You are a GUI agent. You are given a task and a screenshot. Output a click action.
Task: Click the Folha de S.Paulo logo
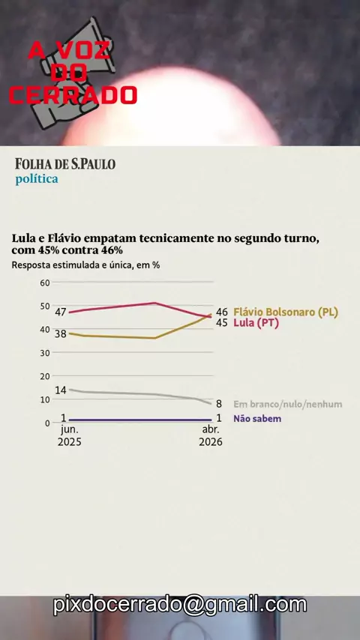(x=65, y=163)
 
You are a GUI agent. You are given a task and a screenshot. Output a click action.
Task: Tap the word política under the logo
(x=37, y=179)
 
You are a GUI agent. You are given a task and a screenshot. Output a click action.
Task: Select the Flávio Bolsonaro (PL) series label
(x=286, y=313)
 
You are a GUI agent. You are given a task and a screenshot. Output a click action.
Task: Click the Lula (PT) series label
(x=256, y=323)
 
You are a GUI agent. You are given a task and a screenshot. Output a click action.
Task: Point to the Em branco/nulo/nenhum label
(x=288, y=405)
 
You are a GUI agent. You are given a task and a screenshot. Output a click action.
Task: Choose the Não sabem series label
(x=257, y=419)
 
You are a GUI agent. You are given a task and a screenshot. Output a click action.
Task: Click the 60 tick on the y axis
(x=45, y=283)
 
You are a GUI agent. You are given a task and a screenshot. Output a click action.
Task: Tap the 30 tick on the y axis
(x=45, y=353)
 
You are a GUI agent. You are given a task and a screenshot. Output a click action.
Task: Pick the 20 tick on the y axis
(x=45, y=376)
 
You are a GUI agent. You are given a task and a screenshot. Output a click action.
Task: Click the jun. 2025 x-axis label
(x=70, y=436)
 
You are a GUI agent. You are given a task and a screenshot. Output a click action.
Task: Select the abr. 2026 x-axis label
(x=211, y=436)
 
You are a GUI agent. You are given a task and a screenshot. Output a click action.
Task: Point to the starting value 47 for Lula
(x=61, y=313)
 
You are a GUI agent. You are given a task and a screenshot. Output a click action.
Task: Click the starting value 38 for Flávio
(x=61, y=333)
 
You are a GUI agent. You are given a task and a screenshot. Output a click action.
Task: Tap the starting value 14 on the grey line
(x=61, y=390)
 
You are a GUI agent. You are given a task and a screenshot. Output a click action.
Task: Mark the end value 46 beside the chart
(x=222, y=313)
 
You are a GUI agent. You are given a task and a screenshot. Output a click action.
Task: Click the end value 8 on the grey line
(x=219, y=404)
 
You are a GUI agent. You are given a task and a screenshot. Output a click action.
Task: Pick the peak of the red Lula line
(x=154, y=303)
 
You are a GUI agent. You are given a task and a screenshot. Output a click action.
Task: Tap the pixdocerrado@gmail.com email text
(x=180, y=605)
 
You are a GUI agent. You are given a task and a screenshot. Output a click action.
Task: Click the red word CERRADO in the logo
(x=73, y=95)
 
